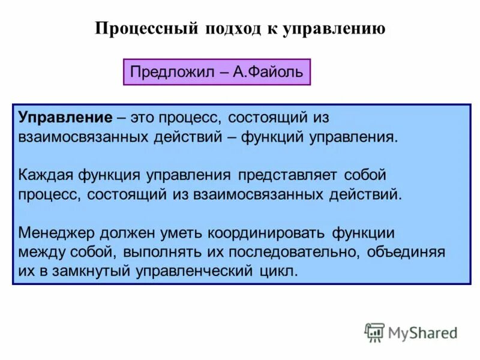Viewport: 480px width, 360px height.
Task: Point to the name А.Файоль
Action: point(270,73)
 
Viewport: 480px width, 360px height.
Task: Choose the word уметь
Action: point(183,232)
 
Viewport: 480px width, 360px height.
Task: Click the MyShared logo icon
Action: point(374,332)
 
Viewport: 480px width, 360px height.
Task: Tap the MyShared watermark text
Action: point(422,332)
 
